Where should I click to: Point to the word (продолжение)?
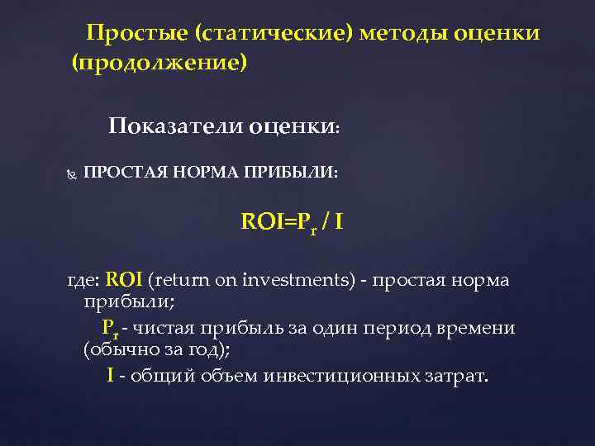pos(159,63)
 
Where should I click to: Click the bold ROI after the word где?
pos(125,280)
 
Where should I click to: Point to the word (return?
pos(178,280)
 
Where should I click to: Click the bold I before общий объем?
pos(110,376)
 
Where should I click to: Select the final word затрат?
pos(457,376)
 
